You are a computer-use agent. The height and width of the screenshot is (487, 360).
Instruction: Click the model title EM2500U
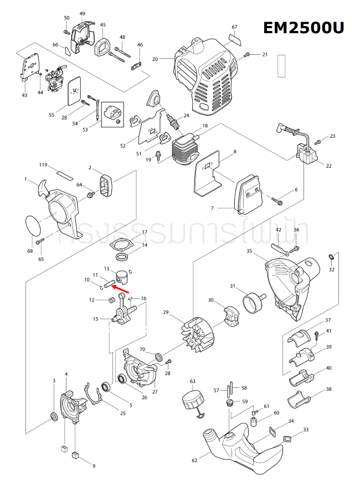coord(304,28)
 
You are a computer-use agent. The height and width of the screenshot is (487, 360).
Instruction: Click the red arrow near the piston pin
coord(122,288)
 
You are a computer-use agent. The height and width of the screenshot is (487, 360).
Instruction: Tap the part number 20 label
coord(155,59)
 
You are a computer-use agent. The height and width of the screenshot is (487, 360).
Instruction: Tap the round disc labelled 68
coord(35,226)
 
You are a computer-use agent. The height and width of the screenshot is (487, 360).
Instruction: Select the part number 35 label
coord(249,251)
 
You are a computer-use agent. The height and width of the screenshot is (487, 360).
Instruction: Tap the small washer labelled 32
coord(331,257)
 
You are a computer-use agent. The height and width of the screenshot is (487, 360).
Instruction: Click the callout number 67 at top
coord(234,27)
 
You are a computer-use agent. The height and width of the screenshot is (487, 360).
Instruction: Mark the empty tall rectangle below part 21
coord(282,65)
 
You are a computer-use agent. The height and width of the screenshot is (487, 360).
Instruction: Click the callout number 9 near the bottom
coord(94,466)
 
